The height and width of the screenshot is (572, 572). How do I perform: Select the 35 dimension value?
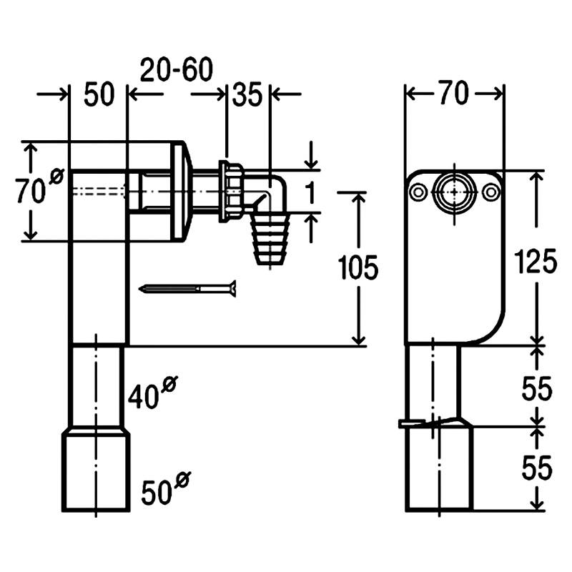pyautogui.click(x=247, y=95)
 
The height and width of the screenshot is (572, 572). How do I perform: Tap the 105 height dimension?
pyautogui.click(x=358, y=267)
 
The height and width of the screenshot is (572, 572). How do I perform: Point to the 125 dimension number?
pyautogui.click(x=536, y=261)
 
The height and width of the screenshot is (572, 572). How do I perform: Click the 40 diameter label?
pyautogui.click(x=152, y=393)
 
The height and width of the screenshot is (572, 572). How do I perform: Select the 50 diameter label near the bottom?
pyautogui.click(x=166, y=489)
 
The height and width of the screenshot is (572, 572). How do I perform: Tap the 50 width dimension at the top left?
pyautogui.click(x=99, y=94)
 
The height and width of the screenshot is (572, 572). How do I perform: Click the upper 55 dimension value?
pyautogui.click(x=537, y=389)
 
